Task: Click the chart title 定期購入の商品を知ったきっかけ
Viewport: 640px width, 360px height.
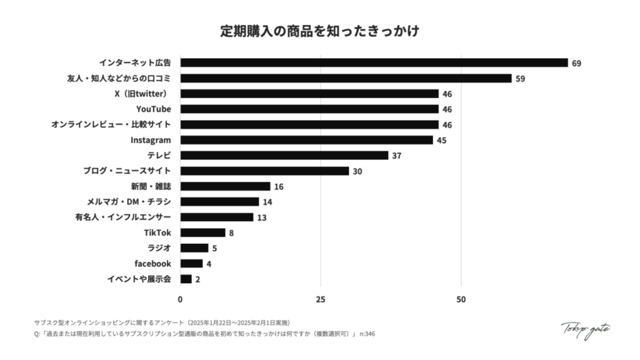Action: (x=319, y=31)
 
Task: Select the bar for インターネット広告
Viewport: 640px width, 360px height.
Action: (x=374, y=63)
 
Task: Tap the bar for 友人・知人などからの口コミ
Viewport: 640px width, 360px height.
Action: (x=346, y=79)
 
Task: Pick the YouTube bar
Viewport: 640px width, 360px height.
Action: (x=309, y=109)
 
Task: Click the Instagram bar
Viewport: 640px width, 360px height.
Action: (x=306, y=140)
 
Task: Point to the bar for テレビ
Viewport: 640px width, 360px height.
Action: (x=284, y=156)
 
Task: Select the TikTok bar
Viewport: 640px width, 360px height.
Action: (x=202, y=232)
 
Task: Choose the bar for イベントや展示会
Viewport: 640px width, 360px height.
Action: (x=186, y=279)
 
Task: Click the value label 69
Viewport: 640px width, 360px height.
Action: (x=576, y=64)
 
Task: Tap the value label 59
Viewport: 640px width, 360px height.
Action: (x=520, y=79)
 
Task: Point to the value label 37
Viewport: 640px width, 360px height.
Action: (x=396, y=156)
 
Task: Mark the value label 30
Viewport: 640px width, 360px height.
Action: (x=357, y=171)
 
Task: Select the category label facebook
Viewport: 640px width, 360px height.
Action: (x=152, y=264)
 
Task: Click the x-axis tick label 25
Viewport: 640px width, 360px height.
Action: (x=321, y=299)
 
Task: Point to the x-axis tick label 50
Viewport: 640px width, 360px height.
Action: (x=461, y=299)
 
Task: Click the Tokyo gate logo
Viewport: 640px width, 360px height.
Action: (x=586, y=329)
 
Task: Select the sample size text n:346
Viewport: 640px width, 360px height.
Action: (x=367, y=334)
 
